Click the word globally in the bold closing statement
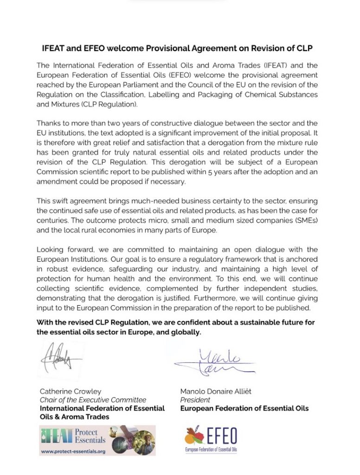[x=186, y=332]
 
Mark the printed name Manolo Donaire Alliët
[x=216, y=391]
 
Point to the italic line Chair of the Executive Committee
[x=93, y=400]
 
